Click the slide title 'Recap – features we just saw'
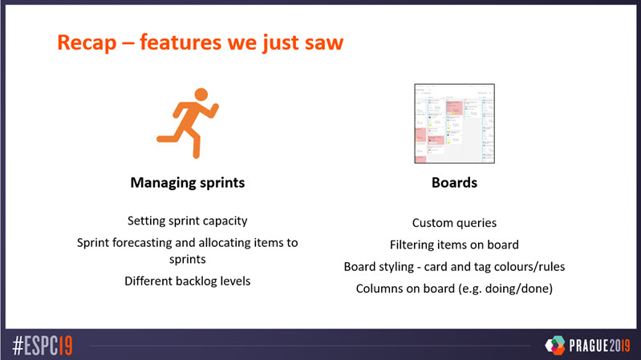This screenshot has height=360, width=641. [x=200, y=41]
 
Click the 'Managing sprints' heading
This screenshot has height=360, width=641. [x=187, y=183]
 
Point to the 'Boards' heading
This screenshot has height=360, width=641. [x=454, y=183]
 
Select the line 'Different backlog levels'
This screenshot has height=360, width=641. [x=187, y=281]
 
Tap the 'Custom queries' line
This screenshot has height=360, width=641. [x=454, y=223]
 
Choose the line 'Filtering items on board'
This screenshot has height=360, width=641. [x=454, y=245]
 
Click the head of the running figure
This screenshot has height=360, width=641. [x=201, y=95]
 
